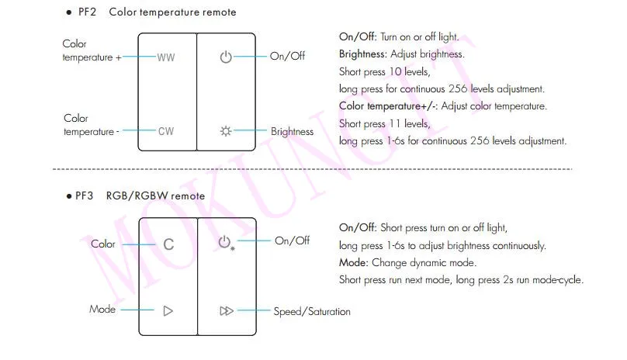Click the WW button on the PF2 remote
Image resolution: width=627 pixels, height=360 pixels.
166,57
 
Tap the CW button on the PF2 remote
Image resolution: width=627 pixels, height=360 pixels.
166,132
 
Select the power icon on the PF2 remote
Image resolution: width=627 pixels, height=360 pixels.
226,57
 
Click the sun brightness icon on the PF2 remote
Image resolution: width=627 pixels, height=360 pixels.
226,131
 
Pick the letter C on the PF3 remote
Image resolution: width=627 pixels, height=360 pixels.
168,244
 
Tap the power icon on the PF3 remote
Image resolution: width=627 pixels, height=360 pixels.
224,241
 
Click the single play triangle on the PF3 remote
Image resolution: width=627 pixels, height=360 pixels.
168,311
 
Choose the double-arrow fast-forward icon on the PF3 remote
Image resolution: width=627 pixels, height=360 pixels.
227,311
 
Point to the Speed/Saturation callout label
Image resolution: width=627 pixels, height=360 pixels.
312,312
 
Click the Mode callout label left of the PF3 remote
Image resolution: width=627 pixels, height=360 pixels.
102,310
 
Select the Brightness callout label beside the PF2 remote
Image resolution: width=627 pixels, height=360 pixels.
293,132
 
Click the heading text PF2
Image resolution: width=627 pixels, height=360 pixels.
87,12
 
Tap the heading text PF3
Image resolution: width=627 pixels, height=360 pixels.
85,196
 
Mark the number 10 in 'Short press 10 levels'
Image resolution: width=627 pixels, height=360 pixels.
396,71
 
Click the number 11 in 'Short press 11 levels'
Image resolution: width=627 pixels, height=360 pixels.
395,123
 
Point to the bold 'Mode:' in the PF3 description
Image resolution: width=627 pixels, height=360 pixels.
354,263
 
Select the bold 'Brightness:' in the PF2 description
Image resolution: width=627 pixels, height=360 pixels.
362,54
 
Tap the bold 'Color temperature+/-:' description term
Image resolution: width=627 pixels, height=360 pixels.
388,106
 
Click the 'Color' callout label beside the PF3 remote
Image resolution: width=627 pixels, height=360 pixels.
103,244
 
